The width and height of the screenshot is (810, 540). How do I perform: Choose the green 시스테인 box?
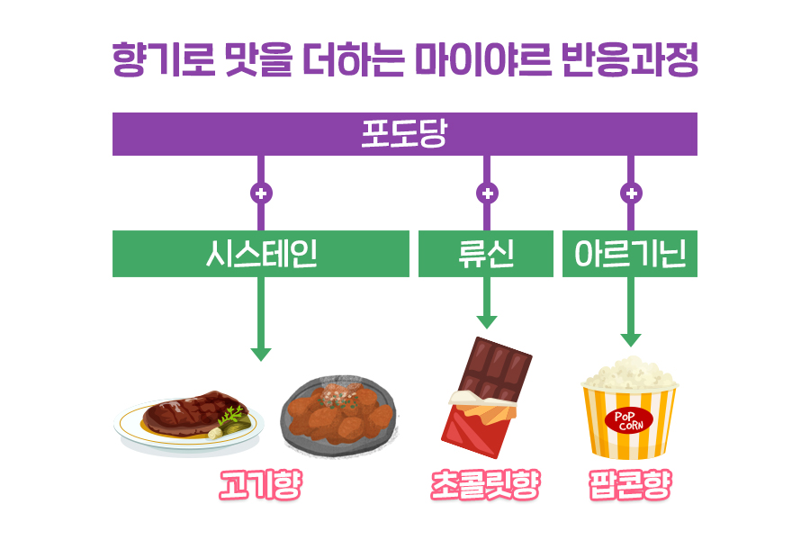click(261, 255)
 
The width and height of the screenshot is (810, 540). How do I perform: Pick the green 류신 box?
click(486, 255)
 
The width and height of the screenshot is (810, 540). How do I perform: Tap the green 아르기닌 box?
click(630, 255)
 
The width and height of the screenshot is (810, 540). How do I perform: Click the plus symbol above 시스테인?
click(261, 193)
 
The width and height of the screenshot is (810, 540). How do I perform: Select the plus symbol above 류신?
click(487, 193)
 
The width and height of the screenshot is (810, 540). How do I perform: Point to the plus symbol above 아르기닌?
click(631, 193)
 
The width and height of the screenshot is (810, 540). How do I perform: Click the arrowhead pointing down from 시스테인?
click(261, 354)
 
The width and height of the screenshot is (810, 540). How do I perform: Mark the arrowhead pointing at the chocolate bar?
click(487, 321)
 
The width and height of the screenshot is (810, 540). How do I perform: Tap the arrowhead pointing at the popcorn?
click(631, 339)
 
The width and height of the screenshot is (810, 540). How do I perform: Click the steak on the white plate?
click(186, 415)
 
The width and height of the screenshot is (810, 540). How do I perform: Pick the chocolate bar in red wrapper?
click(487, 396)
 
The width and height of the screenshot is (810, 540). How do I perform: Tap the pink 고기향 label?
click(260, 486)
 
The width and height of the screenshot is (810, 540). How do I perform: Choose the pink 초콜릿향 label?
click(485, 486)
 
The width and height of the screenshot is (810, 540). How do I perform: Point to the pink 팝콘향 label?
click(629, 486)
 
